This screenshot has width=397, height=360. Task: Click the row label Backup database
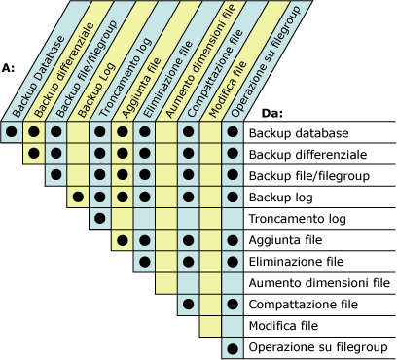[297, 133]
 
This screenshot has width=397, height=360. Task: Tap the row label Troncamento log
[296, 219]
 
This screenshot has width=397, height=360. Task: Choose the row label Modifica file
[285, 326]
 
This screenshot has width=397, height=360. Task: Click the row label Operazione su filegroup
[318, 347]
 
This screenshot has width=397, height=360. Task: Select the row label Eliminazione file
[297, 262]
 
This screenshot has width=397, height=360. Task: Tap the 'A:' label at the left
[9, 68]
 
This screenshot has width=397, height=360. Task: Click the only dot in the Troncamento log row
[99, 219]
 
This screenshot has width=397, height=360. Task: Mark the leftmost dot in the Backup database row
[12, 133]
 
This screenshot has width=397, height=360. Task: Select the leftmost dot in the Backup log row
[77, 198]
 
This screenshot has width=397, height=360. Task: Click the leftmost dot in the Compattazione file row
[188, 305]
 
